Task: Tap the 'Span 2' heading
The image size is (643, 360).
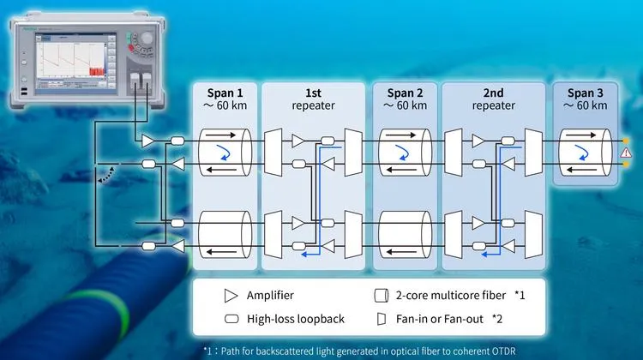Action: [400, 92]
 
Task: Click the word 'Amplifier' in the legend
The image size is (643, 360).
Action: [271, 295]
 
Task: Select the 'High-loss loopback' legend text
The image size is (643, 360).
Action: [295, 319]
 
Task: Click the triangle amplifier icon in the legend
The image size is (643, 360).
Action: [231, 296]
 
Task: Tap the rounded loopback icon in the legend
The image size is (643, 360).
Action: [231, 319]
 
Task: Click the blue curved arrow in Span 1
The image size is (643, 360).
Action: [225, 152]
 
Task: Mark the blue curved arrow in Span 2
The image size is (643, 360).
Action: [400, 152]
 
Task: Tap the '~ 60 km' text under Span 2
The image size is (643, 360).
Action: [400, 105]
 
